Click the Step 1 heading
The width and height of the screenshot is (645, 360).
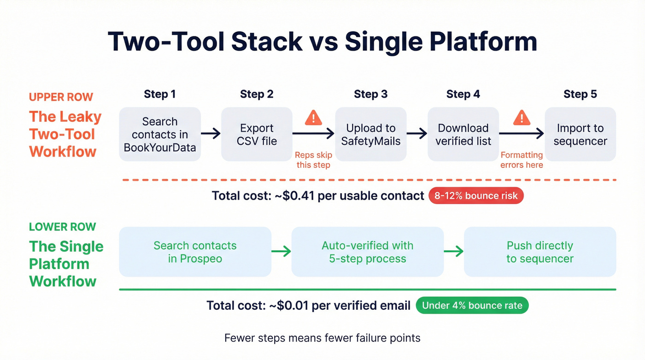point(159,94)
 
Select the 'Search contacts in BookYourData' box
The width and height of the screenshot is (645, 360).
point(160,134)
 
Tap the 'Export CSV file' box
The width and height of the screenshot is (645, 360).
point(257,134)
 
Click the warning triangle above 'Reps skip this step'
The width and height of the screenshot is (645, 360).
point(313,118)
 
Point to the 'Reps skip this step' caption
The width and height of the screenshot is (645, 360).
point(313,159)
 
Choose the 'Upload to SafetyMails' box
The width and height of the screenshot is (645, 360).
point(370,134)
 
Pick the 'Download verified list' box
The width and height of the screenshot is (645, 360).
point(463,134)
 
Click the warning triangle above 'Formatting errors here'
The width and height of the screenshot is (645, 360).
point(522,118)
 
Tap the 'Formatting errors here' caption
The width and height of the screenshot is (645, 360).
point(522,159)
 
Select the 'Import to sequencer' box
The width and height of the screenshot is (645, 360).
point(580,134)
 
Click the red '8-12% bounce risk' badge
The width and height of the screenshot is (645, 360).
point(476,196)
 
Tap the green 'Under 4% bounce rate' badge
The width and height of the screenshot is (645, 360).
point(472,305)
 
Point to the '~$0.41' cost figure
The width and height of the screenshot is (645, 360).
point(298,196)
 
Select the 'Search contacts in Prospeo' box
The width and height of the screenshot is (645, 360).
point(195,252)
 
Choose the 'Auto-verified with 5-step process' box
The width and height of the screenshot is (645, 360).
point(367,252)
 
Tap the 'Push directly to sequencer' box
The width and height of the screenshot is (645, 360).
point(539,252)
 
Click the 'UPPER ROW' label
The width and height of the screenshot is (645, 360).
point(61,97)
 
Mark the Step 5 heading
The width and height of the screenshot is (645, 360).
point(580,94)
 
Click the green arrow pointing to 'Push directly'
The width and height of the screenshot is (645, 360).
point(453,251)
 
